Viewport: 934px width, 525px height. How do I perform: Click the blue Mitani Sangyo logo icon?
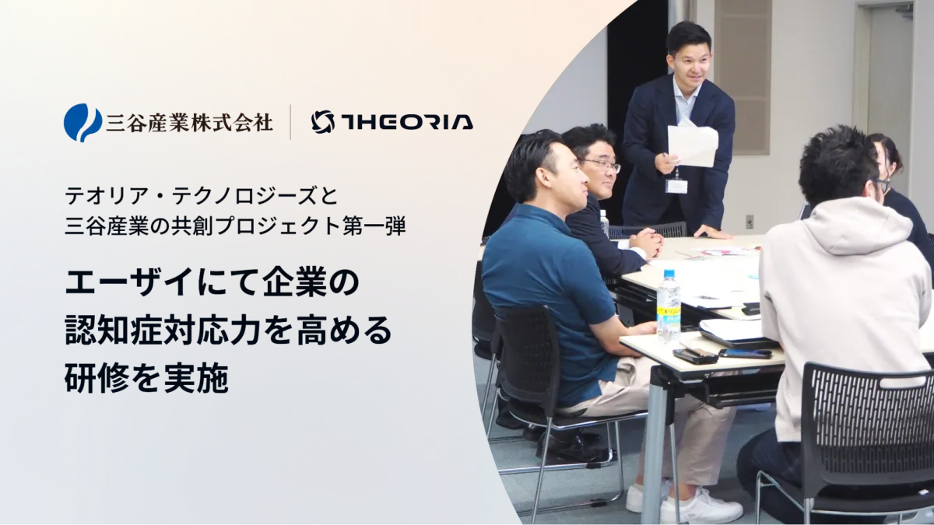[83, 123]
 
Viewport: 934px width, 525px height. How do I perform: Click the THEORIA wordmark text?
[407, 123]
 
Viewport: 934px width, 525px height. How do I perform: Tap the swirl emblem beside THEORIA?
[323, 122]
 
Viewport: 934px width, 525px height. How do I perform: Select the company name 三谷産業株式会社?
[189, 123]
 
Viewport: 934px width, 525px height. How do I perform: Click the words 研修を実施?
[147, 379]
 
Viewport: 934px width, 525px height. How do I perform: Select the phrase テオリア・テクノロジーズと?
[202, 196]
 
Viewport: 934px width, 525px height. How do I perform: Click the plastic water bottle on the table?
[669, 306]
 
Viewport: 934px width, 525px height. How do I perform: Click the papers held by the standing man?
[692, 143]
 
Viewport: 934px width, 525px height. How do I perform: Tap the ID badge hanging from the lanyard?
[676, 186]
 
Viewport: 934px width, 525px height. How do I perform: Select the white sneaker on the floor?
[700, 506]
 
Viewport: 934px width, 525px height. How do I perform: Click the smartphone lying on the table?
[745, 353]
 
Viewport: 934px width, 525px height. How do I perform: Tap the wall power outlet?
[750, 222]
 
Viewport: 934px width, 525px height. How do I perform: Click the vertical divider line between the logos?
[290, 122]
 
